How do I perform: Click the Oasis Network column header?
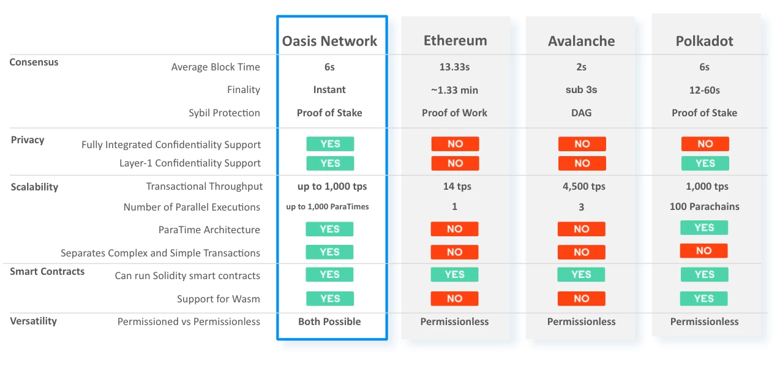(329, 41)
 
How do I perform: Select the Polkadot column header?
(705, 41)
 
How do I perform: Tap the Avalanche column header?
(581, 41)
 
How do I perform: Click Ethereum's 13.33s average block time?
(454, 67)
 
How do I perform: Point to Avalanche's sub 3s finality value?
(581, 90)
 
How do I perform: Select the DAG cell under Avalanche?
(581, 113)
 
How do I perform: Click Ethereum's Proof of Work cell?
(454, 113)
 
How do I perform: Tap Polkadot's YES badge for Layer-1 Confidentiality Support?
(705, 163)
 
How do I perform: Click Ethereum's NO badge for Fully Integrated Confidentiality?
(455, 144)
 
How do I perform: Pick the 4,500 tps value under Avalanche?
(584, 186)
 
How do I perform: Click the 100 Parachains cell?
(705, 206)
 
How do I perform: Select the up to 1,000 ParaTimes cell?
(328, 206)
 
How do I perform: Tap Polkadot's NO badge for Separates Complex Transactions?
(703, 251)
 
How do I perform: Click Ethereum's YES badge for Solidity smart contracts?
(454, 274)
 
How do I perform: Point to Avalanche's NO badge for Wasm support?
(581, 299)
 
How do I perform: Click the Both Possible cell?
(329, 321)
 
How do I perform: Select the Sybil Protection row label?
(224, 113)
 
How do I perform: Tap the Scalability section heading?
(34, 187)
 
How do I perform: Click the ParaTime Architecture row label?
(209, 230)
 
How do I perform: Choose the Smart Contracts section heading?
(47, 271)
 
